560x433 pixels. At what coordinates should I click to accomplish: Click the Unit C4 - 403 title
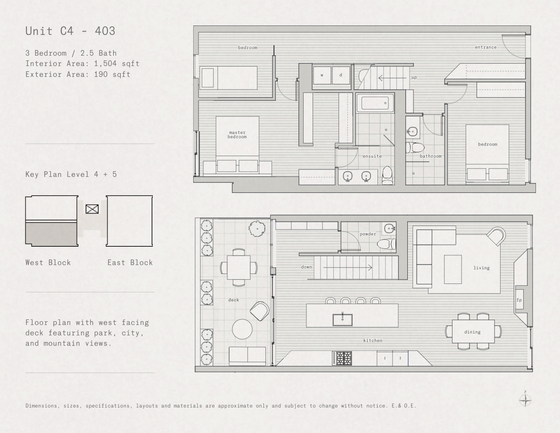click(x=70, y=31)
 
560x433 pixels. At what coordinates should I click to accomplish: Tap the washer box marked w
click(x=322, y=75)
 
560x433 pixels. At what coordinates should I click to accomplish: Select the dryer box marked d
click(x=341, y=75)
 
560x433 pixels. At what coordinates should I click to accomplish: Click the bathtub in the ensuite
click(x=375, y=103)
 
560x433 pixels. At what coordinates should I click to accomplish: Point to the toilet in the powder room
click(x=387, y=244)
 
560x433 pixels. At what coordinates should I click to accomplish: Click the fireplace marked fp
click(x=519, y=300)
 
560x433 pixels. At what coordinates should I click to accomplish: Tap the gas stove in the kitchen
click(x=342, y=358)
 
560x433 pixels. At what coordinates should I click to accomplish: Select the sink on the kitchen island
click(x=343, y=319)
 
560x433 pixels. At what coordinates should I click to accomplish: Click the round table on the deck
click(x=242, y=329)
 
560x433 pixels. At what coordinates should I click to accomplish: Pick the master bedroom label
click(x=237, y=135)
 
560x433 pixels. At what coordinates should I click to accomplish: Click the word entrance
click(x=486, y=47)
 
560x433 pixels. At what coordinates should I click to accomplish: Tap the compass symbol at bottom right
click(x=525, y=400)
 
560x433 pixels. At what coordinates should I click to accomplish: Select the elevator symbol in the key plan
click(x=92, y=208)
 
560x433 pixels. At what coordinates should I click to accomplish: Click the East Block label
click(x=130, y=263)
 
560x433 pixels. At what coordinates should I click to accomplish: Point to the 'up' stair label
click(x=414, y=77)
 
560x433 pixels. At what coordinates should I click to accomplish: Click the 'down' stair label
click(x=306, y=267)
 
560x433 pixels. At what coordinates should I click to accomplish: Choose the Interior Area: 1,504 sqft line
click(x=82, y=64)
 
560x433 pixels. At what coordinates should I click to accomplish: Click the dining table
click(x=473, y=332)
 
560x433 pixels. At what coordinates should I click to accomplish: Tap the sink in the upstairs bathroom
click(x=412, y=132)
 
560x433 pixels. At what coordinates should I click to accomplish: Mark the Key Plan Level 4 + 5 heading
click(x=71, y=175)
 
